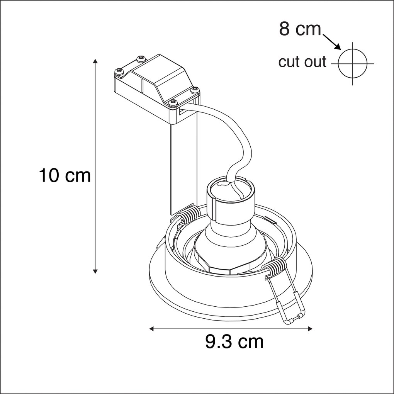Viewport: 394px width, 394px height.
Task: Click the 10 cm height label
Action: (65, 175)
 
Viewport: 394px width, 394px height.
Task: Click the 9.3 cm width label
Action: (234, 341)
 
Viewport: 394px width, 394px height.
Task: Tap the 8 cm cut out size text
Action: (300, 29)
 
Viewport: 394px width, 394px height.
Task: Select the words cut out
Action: (302, 62)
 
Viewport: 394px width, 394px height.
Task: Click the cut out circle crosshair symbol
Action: (353, 64)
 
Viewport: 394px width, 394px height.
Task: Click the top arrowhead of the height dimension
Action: (95, 61)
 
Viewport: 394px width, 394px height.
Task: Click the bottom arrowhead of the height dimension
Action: (95, 272)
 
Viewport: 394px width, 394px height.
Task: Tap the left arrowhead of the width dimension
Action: (152, 328)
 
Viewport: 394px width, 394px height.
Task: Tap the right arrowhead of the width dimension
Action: (310, 328)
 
